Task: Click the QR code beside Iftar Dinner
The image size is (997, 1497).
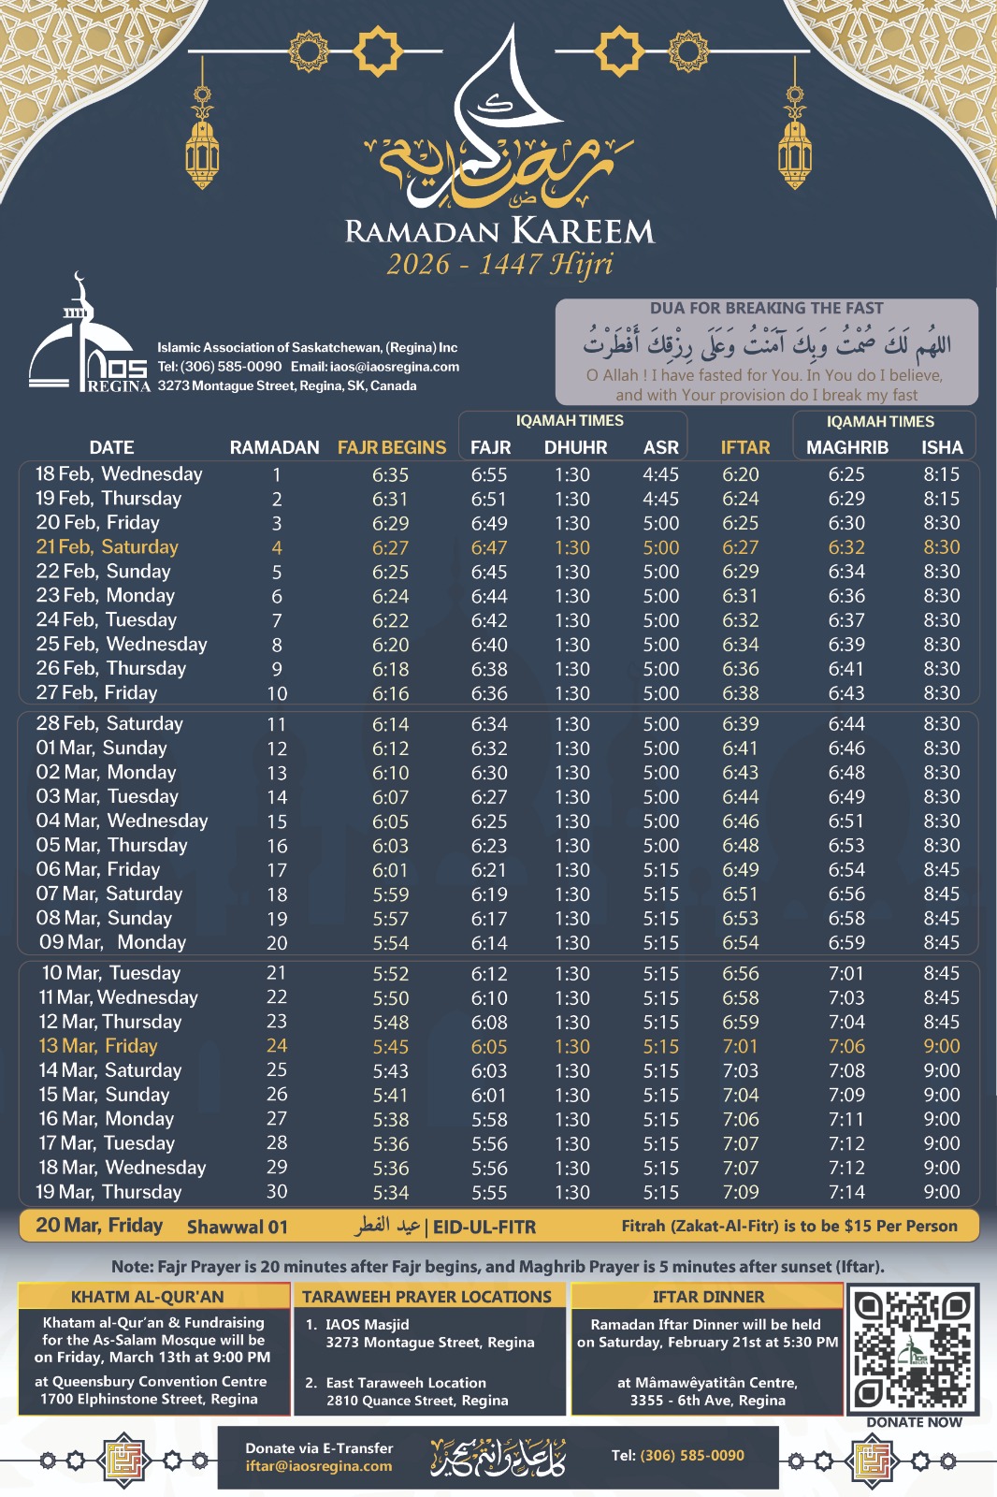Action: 913,1347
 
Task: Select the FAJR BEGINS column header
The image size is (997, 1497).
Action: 392,447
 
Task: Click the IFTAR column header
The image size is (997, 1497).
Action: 745,447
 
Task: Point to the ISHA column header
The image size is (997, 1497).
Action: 941,447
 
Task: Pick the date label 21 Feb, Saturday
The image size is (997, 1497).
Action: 107,547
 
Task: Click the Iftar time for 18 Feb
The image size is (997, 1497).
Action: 741,474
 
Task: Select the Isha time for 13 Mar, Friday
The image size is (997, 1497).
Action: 941,1046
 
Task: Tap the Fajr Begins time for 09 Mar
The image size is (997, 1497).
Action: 390,943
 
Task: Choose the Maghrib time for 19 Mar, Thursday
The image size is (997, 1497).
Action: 846,1192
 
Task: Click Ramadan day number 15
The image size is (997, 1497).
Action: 277,821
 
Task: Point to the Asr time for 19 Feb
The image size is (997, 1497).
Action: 660,499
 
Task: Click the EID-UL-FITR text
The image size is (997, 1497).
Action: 484,1227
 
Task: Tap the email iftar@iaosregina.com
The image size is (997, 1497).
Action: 319,1466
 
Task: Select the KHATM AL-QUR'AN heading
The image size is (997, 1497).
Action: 148,1297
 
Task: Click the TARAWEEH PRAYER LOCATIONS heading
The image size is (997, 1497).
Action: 426,1297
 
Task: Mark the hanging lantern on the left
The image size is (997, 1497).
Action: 202,140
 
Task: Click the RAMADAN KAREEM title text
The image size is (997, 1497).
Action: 499,231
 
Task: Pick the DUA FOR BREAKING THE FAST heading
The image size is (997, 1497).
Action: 766,309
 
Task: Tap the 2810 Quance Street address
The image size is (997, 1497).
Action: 417,1401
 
